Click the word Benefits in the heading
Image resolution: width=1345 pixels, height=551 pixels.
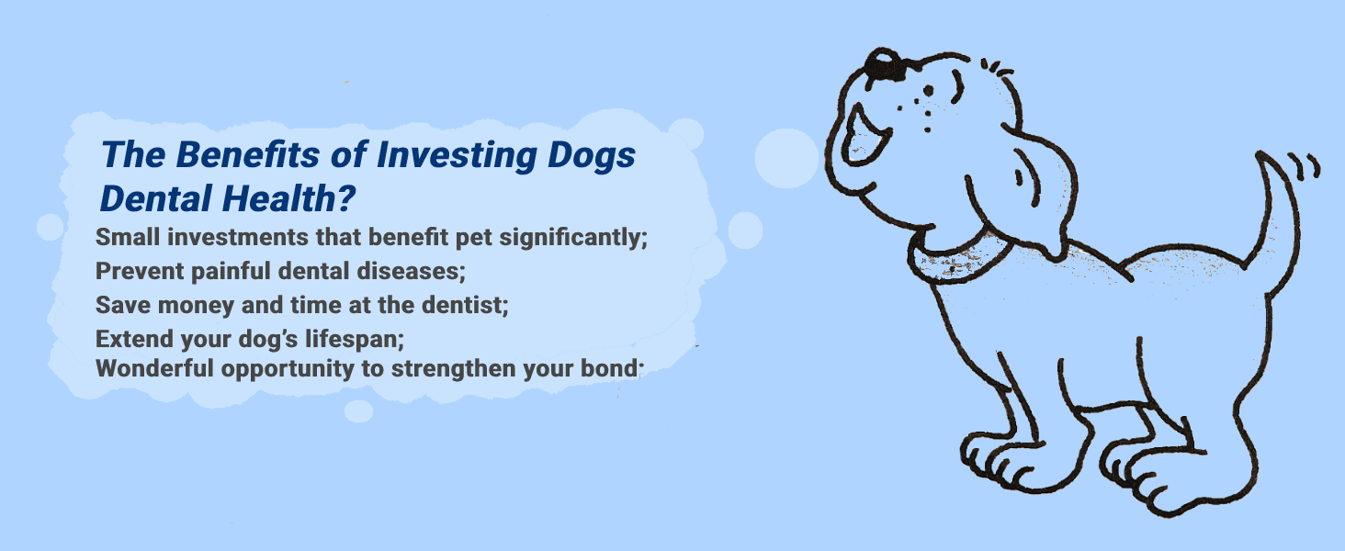(x=247, y=155)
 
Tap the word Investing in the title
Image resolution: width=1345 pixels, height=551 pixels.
(x=456, y=156)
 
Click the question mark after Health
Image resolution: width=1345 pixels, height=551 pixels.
(x=346, y=198)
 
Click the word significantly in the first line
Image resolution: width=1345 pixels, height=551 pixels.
(x=573, y=238)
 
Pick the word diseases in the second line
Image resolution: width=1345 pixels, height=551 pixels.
(x=412, y=271)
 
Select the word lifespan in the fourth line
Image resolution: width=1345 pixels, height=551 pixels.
(x=355, y=340)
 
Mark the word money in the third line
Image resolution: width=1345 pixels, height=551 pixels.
(x=196, y=306)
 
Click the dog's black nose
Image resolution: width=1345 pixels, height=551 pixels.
(x=884, y=63)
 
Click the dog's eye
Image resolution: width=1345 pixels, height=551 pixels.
(x=928, y=91)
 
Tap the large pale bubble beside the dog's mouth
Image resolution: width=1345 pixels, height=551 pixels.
(x=786, y=158)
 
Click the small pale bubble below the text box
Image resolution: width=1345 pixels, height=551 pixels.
(x=358, y=411)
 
